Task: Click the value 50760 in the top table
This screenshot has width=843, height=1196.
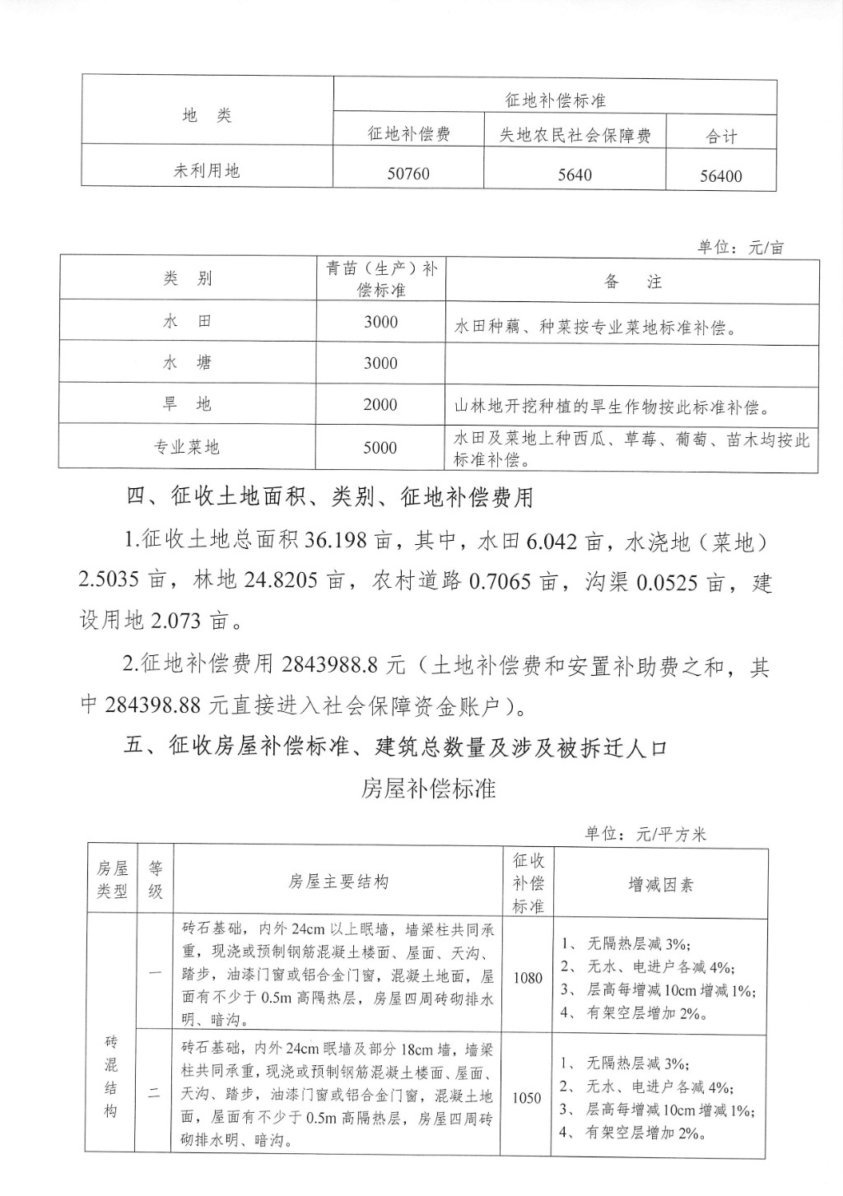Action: [x=408, y=174]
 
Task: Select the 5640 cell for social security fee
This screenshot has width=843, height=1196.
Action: [x=574, y=175]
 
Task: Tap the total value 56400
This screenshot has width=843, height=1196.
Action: [x=720, y=175]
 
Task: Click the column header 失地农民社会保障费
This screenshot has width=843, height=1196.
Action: [x=575, y=135]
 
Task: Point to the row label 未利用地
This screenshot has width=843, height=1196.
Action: [x=207, y=170]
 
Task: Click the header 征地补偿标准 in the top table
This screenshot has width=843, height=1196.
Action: [x=555, y=100]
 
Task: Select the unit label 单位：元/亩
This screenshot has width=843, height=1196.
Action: [x=740, y=247]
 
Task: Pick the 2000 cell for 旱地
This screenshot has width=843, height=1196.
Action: [x=380, y=404]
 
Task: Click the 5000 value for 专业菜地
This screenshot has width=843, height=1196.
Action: [x=380, y=448]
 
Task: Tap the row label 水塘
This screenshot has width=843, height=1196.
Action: [x=187, y=363]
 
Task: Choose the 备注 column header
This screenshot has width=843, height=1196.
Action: [x=632, y=282]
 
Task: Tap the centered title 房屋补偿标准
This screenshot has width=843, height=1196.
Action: [x=428, y=789]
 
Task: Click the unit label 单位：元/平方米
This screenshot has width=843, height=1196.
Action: [x=645, y=833]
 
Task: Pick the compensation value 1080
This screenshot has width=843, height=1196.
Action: [x=528, y=978]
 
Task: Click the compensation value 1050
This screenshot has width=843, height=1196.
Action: [x=527, y=1097]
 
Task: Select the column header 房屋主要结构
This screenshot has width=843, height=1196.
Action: [x=338, y=882]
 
